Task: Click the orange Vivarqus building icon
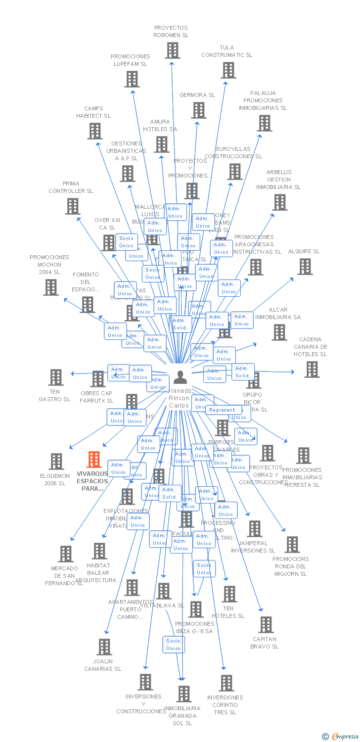point(94,460)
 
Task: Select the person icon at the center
point(180,377)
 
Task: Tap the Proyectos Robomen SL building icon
point(172,50)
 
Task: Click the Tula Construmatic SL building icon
point(228,70)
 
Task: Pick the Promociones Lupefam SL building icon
point(132,79)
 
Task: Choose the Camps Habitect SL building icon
point(94,131)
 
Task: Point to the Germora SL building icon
point(199,110)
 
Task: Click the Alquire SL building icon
point(305,266)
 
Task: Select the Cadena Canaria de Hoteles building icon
point(312,369)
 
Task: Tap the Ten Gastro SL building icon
point(55,377)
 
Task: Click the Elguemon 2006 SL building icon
point(56,461)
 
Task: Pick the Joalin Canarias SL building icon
point(104,647)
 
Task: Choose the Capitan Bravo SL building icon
point(266,624)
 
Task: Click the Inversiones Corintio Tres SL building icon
point(226,683)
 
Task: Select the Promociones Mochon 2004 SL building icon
point(50,287)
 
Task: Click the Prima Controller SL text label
point(71,187)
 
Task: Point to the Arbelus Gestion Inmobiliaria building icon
point(279,202)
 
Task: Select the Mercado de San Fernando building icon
point(65,554)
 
